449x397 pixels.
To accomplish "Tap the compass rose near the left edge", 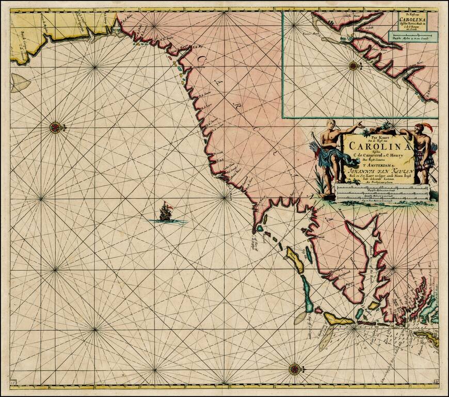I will tap(55, 127).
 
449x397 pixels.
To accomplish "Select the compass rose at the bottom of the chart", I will tap(295, 369).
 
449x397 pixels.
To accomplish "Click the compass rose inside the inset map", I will tap(354, 65).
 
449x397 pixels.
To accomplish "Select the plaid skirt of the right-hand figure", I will tap(425, 160).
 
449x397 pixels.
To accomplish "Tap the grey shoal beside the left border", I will tap(20, 83).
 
